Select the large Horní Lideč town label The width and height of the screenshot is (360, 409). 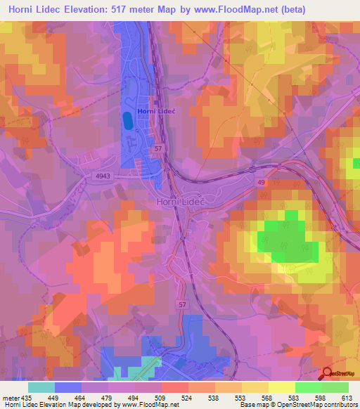point(179,201)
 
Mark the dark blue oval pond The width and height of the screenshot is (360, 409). point(127,121)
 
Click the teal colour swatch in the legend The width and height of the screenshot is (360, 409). point(41,387)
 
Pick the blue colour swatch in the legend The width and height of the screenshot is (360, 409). point(68,387)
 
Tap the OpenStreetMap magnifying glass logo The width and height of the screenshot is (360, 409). point(327,373)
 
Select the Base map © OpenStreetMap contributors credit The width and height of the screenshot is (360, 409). point(299,404)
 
